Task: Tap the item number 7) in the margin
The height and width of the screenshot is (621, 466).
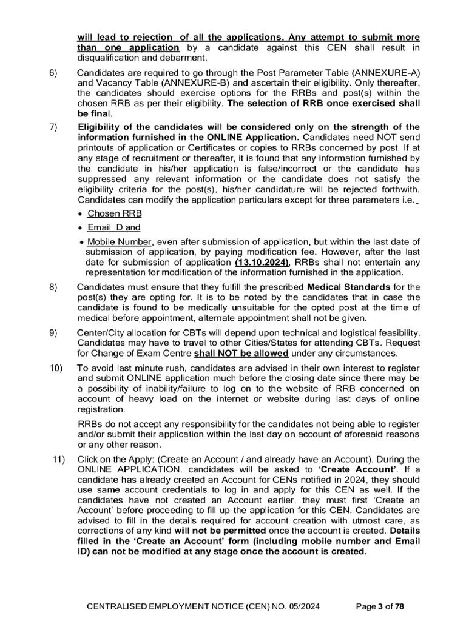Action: pos(53,127)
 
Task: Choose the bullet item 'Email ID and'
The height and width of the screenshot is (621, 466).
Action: pos(114,228)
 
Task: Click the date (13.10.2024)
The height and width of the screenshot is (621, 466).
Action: pos(262,262)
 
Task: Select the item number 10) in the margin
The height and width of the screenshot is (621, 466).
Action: pos(55,368)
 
